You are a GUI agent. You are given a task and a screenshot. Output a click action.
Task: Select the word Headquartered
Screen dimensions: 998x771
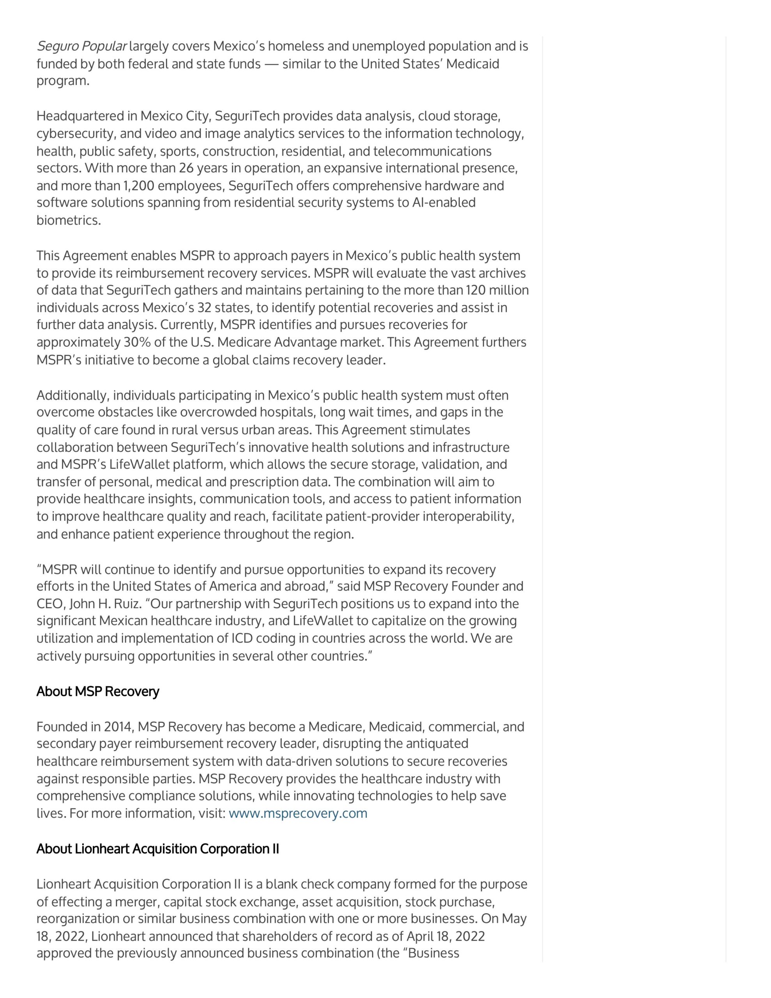pyautogui.click(x=80, y=116)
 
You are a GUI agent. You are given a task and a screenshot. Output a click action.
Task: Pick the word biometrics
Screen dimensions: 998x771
pyautogui.click(x=68, y=221)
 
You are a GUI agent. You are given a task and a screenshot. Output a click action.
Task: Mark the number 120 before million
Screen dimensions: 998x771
pyautogui.click(x=476, y=290)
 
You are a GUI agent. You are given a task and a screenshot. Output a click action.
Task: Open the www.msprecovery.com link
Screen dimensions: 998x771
pyautogui.click(x=297, y=813)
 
